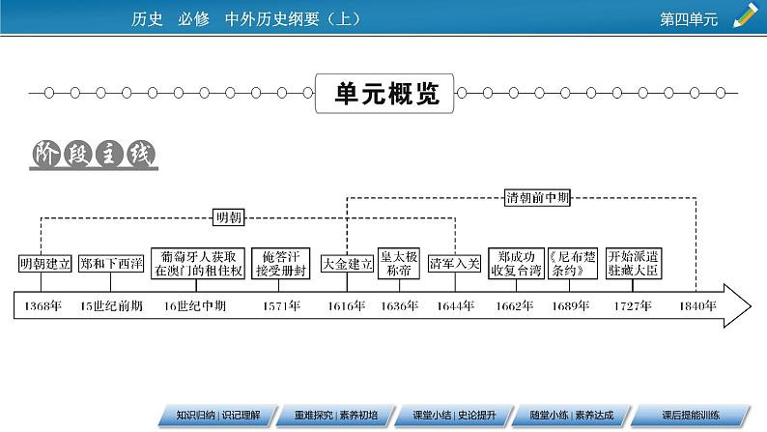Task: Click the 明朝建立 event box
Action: (40, 264)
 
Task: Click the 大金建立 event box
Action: (347, 264)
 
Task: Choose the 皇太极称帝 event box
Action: (398, 264)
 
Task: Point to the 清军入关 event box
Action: (454, 264)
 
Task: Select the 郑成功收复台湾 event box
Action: (514, 264)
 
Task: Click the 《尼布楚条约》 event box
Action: (570, 264)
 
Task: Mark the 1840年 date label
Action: (696, 306)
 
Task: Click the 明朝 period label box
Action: (229, 218)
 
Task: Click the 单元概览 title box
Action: (385, 93)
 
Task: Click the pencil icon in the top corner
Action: (746, 15)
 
